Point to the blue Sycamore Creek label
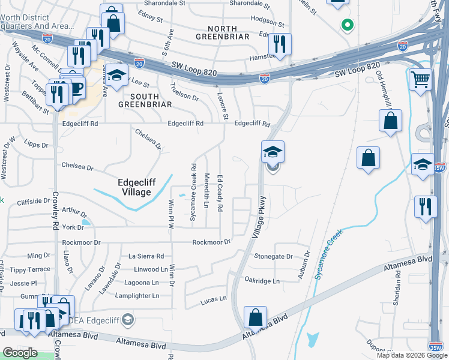pos(329,253)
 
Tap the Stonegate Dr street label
pos(273,256)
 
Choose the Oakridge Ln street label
pos(262,281)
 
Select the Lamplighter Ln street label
pos(138,296)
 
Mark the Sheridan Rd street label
pos(397,291)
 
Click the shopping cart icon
pos(420,79)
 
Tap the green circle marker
pos(346,25)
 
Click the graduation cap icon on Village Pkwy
pos(272,152)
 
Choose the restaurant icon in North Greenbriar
pos(279,43)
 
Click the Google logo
pos(20,353)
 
